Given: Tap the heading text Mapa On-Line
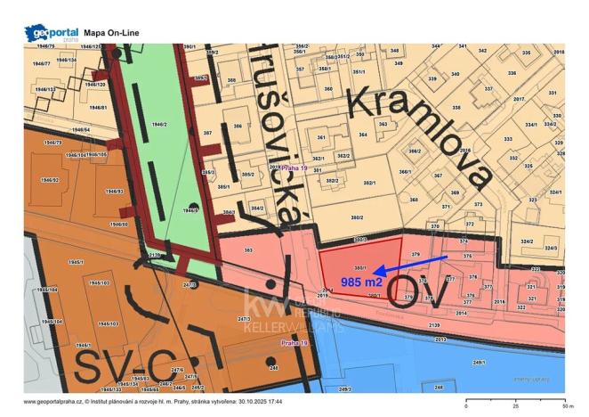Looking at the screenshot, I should point(111,33).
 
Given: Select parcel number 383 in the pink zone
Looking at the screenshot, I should point(248,251).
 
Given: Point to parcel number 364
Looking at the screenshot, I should point(363,135).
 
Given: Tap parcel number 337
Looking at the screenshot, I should point(488,89).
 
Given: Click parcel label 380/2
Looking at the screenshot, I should point(356,217).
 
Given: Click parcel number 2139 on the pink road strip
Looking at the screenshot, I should point(433,326).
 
